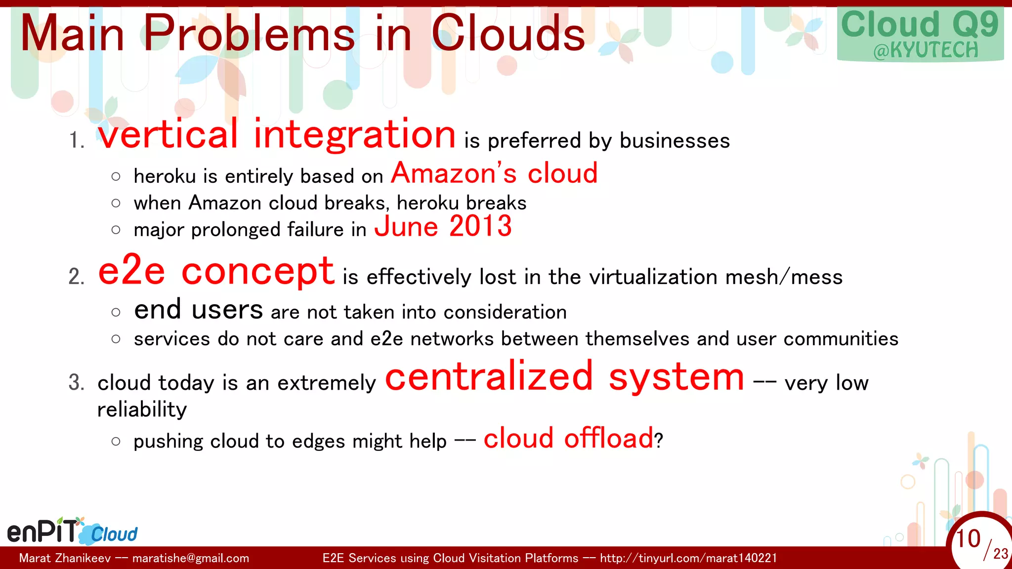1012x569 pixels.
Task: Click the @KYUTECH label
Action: point(926,50)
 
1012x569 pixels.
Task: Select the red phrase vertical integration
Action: point(276,135)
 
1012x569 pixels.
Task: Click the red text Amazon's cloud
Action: point(494,173)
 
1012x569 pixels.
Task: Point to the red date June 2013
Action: point(443,227)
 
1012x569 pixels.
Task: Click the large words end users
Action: point(198,310)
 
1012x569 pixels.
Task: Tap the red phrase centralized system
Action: point(564,377)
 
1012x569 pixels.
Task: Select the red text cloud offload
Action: point(568,438)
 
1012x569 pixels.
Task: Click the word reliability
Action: point(142,409)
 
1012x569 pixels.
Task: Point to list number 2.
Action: point(76,277)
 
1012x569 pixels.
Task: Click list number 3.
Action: point(76,383)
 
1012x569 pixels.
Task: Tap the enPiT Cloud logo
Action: point(72,531)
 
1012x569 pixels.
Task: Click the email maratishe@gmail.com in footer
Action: point(191,558)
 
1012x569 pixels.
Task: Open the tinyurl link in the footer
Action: point(688,558)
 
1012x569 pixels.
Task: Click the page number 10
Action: point(968,539)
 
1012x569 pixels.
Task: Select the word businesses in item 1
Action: point(675,141)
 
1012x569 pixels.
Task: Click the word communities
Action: point(841,339)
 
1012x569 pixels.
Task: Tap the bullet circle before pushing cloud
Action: point(116,441)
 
